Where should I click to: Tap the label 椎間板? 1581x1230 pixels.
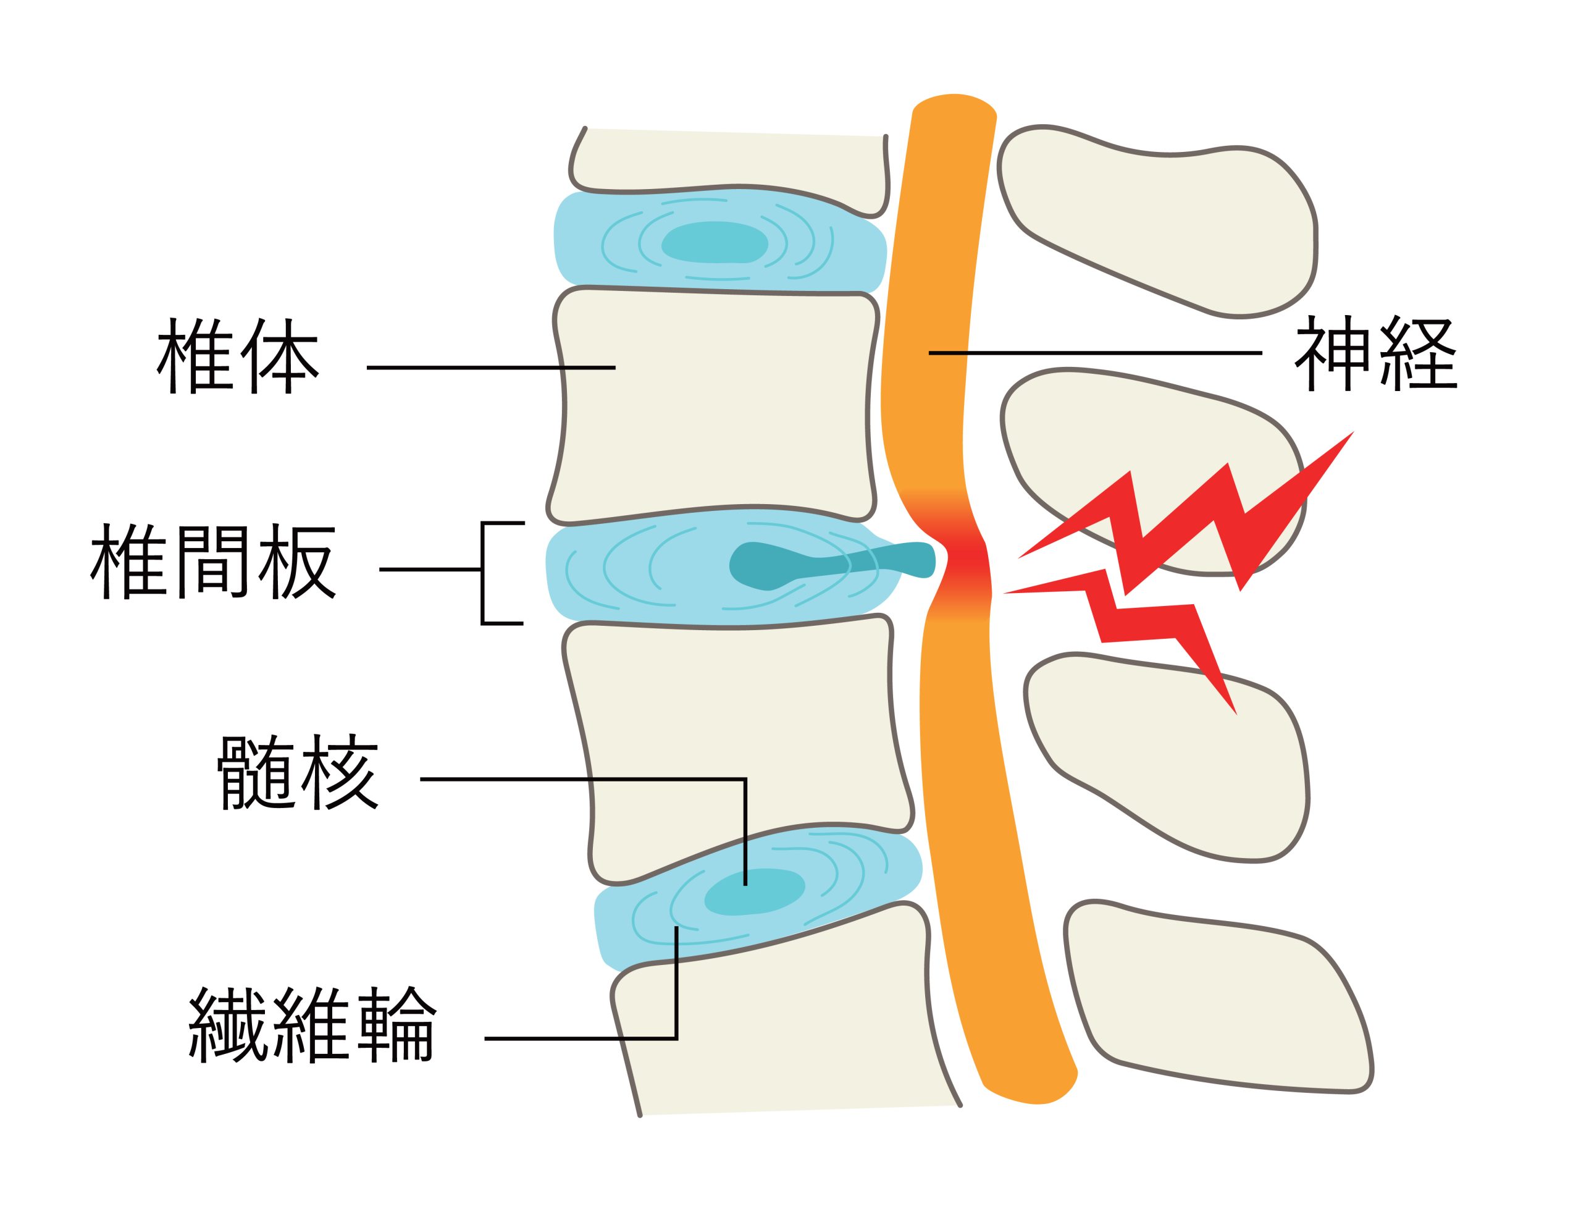213,563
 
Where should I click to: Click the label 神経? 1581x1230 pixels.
1375,355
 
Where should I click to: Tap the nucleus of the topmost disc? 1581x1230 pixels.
715,242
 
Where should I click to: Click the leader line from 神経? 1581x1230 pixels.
1093,353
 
